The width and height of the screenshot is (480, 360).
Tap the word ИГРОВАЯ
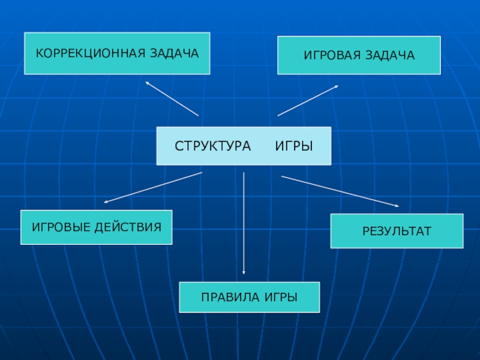pos(331,55)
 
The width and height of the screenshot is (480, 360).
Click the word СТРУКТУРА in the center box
pos(213,146)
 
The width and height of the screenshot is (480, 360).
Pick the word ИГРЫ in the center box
pos(294,146)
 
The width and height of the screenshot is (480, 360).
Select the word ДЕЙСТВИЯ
pos(131,227)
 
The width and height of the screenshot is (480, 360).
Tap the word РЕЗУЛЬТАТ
pos(397,231)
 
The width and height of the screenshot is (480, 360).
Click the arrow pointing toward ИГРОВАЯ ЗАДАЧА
pos(308,100)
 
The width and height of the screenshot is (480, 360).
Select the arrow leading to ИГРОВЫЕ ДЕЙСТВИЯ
pos(153,187)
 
